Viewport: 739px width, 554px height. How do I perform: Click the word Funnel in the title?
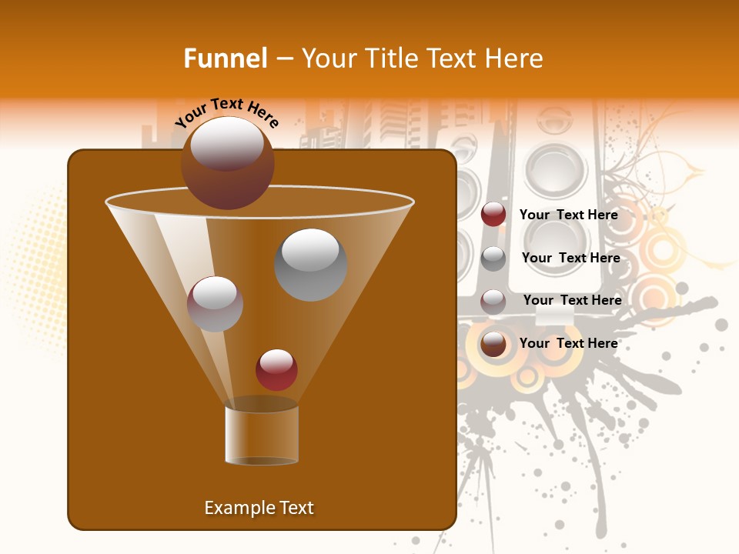click(x=225, y=58)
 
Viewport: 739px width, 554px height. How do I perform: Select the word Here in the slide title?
click(x=511, y=58)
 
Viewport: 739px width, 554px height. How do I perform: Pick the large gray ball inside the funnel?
click(x=310, y=265)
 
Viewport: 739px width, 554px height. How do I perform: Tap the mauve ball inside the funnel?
click(x=215, y=304)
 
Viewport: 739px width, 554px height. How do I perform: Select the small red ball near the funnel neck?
click(x=276, y=370)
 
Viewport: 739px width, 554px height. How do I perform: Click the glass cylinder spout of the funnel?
click(x=262, y=435)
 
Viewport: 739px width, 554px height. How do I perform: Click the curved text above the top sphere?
click(x=227, y=112)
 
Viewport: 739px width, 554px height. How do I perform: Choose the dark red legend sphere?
click(x=493, y=215)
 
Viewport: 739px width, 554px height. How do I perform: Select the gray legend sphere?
click(x=493, y=259)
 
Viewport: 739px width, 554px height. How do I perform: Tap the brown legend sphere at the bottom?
click(x=493, y=344)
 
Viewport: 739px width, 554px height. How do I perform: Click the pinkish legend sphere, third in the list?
click(x=493, y=301)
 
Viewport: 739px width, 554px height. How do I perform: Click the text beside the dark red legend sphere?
click(x=569, y=215)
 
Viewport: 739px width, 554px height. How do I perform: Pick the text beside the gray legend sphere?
click(x=570, y=258)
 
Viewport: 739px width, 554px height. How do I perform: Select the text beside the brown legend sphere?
click(x=569, y=343)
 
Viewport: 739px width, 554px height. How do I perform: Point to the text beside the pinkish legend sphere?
click(x=572, y=300)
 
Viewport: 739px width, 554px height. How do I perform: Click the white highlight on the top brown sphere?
click(x=227, y=144)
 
